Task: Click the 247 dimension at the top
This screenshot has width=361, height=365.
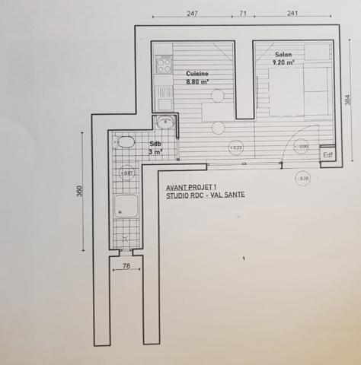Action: point(192,13)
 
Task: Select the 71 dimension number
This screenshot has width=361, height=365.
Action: point(243,13)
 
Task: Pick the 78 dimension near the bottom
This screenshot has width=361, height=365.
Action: point(126,265)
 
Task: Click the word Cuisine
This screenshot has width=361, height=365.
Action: point(198,73)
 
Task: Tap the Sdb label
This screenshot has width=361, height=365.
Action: point(155,144)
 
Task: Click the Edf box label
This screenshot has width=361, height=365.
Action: point(327,154)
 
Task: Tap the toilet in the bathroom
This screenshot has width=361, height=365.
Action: point(126,142)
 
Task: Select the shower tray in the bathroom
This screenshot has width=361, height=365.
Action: point(126,208)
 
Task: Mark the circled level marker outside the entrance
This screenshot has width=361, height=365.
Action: point(303,179)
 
